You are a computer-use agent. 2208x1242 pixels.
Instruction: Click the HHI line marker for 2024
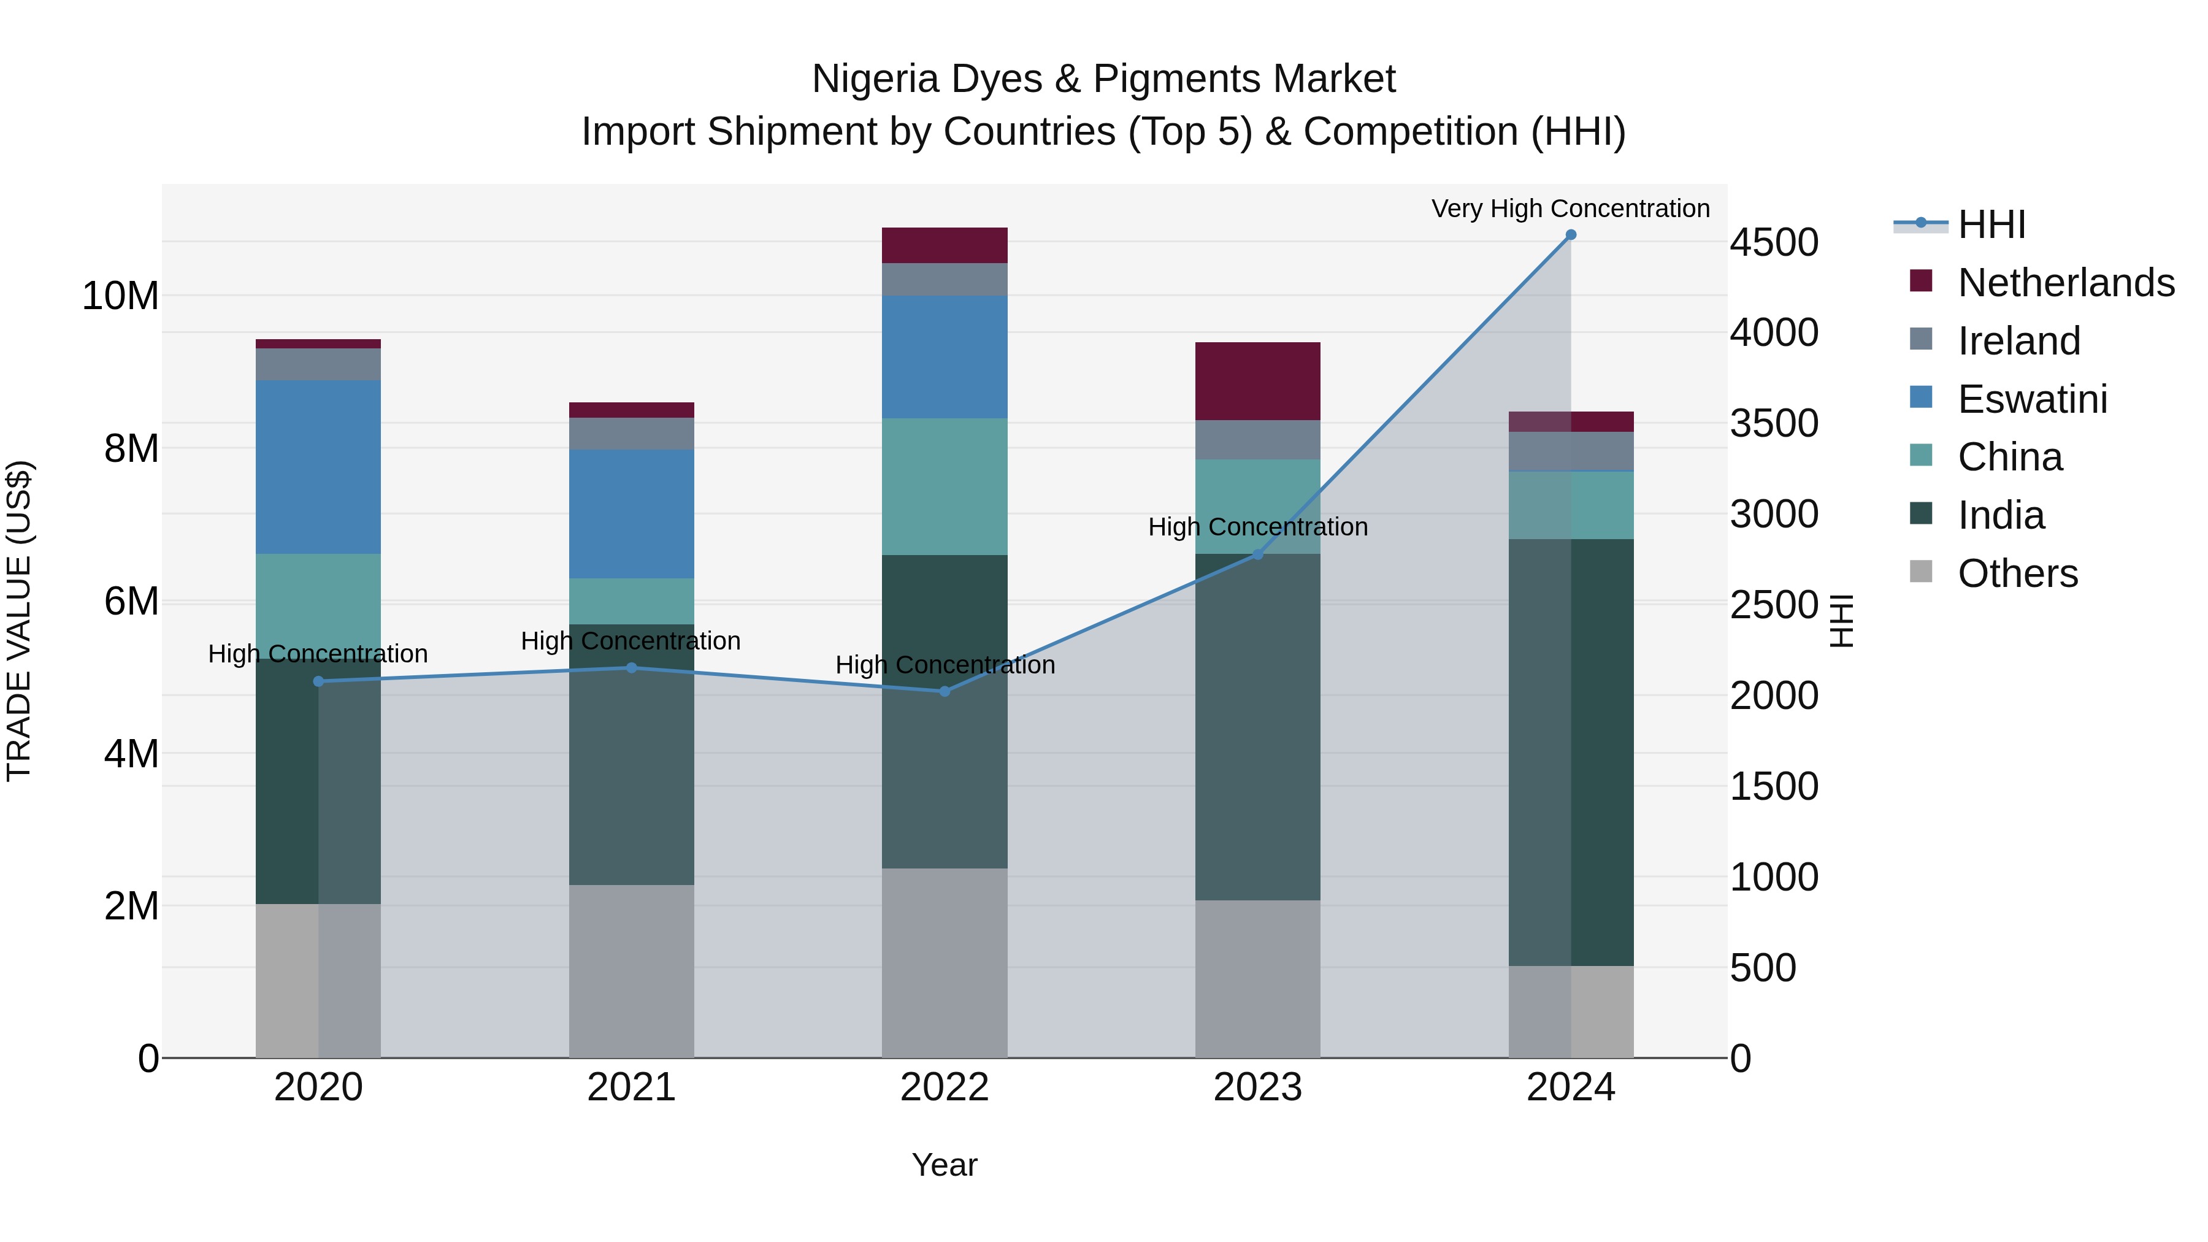click(1570, 235)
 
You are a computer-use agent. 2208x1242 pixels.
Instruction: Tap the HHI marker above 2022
click(945, 691)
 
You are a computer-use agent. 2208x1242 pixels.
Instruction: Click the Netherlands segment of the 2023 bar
click(1257, 381)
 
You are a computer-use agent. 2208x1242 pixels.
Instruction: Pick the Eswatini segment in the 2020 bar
click(318, 467)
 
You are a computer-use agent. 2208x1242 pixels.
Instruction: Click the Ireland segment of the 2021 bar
click(632, 434)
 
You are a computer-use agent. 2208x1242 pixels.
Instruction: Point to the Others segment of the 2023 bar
click(1257, 978)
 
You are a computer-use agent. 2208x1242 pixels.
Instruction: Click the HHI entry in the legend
click(1991, 224)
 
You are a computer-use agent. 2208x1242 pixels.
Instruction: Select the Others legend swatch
click(1921, 572)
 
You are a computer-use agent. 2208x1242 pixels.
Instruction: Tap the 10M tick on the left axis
click(120, 297)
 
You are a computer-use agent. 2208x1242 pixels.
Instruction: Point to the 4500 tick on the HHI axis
click(1773, 242)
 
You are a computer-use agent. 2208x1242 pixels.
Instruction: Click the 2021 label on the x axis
click(632, 1087)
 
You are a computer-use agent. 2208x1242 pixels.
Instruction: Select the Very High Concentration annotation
click(1570, 209)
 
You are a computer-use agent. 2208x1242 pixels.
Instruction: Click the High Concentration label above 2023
click(1257, 526)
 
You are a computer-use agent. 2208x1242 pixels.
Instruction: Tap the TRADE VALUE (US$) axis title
click(19, 621)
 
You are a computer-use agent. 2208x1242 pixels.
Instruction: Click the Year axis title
click(945, 1165)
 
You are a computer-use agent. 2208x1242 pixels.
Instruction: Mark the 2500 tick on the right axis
click(1773, 605)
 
